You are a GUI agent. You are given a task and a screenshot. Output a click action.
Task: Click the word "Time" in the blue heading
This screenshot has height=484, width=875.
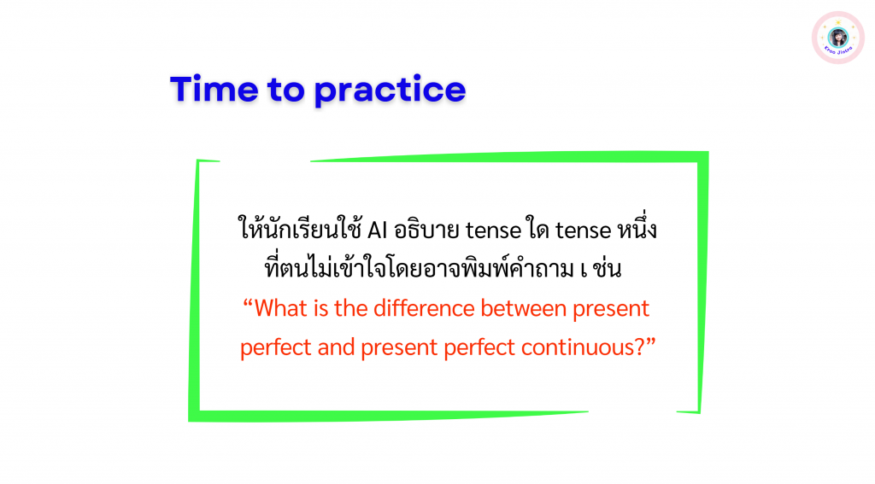coord(214,89)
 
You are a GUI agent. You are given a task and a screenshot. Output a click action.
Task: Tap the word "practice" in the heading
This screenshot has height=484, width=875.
coord(390,90)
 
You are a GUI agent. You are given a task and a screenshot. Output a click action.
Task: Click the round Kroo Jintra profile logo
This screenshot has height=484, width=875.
coord(837,38)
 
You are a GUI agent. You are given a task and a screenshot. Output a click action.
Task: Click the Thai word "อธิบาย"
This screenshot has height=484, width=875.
coord(427,229)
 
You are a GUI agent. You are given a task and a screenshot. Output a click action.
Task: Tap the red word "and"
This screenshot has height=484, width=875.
coord(336,347)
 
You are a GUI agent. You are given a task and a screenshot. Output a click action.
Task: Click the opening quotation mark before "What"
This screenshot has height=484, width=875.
coord(248,303)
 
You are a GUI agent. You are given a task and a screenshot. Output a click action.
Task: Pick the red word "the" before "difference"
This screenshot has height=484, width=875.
coord(350,308)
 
